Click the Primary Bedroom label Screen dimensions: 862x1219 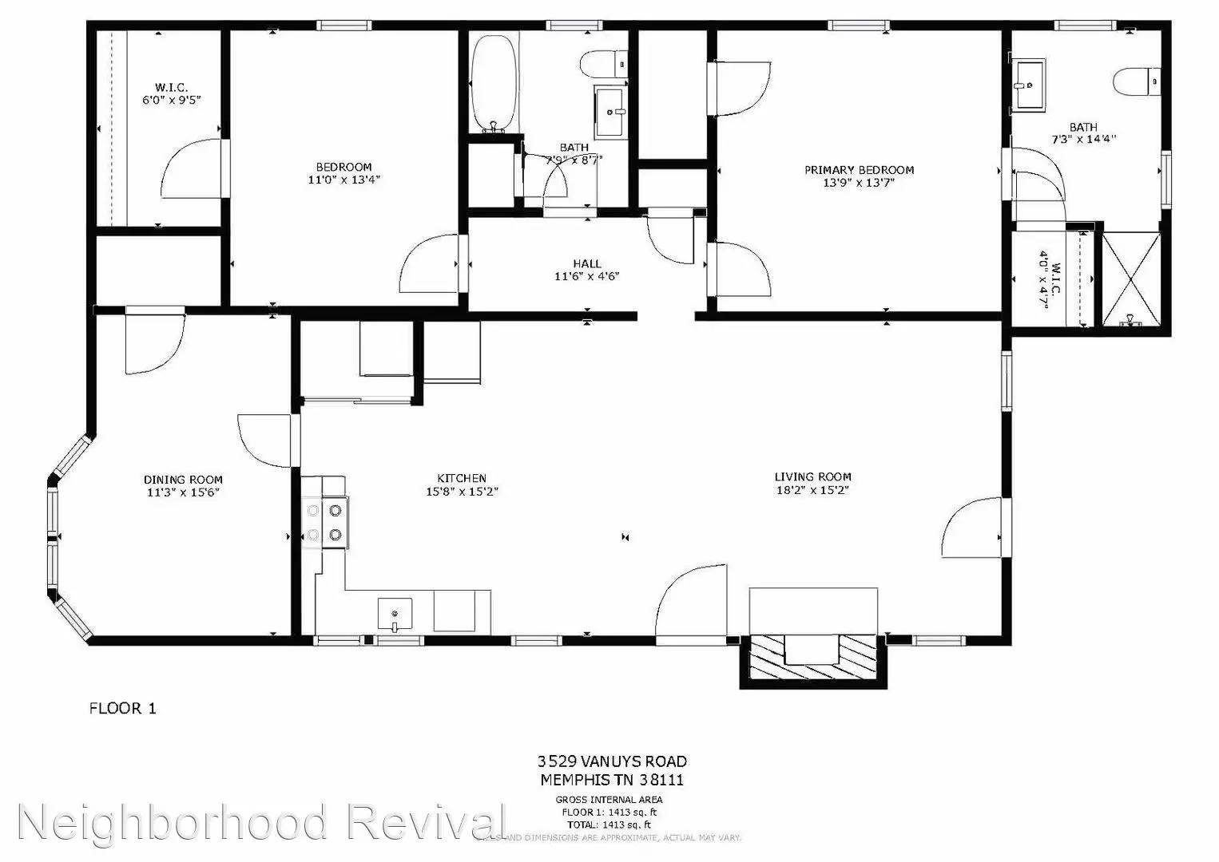pos(859,170)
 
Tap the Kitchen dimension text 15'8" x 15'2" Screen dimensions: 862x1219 pos(462,492)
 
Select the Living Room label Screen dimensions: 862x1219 pos(812,477)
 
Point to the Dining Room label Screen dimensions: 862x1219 pos(183,480)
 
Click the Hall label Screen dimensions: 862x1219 pos(586,264)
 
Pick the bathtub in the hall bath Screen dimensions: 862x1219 pos(494,82)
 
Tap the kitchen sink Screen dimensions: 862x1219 pos(395,614)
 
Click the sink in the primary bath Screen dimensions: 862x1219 pos(1030,83)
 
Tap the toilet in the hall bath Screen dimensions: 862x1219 pos(603,61)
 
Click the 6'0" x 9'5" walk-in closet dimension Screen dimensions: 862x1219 pos(171,101)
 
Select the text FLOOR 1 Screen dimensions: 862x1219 pos(122,708)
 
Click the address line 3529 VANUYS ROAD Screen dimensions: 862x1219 pos(612,761)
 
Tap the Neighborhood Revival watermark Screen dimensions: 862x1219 pos(260,823)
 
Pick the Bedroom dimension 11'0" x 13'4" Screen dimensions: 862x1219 pos(343,180)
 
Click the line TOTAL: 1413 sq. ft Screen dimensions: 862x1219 pos(609,824)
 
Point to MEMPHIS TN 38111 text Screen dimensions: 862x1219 pos(612,780)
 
